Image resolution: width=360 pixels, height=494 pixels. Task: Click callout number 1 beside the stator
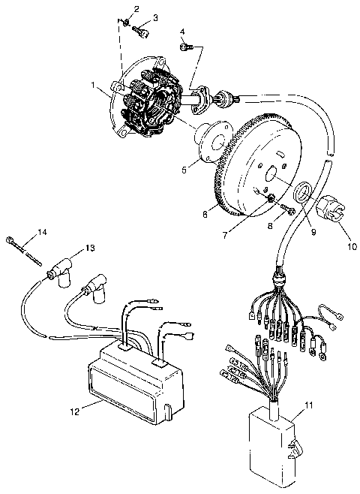coord(92,86)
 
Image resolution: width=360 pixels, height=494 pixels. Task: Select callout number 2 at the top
coord(136,8)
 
